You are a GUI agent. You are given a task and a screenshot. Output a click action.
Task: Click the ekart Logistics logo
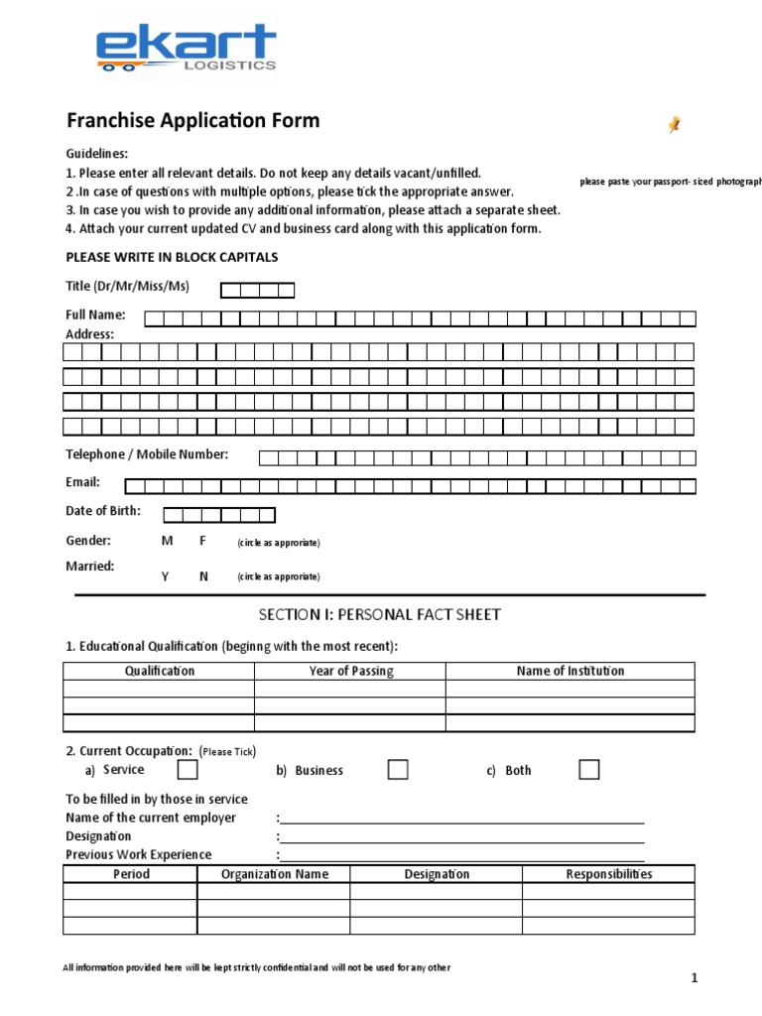click(x=186, y=50)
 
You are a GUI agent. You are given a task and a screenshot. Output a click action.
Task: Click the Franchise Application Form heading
click(x=192, y=121)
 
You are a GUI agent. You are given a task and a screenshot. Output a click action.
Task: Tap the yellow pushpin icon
click(x=675, y=124)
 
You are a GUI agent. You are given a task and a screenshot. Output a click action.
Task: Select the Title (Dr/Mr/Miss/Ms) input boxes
click(x=257, y=290)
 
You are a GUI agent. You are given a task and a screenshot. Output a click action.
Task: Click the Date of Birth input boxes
click(x=218, y=515)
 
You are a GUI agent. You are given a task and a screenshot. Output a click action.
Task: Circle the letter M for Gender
click(x=167, y=541)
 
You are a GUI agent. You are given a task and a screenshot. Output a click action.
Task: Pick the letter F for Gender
click(x=203, y=541)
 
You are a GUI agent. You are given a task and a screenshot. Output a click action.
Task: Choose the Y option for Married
click(x=166, y=576)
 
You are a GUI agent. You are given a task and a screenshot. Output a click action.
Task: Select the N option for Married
click(x=203, y=576)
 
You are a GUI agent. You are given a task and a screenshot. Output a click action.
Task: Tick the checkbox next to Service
click(x=188, y=770)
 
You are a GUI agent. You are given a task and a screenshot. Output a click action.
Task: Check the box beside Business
click(x=398, y=770)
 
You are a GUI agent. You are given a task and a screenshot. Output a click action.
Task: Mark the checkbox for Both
click(x=589, y=770)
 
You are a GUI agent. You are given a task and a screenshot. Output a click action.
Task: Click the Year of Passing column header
click(x=350, y=671)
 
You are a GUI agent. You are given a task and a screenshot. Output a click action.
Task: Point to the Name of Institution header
click(x=571, y=671)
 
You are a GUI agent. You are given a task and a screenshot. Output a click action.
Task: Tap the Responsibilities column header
click(x=608, y=874)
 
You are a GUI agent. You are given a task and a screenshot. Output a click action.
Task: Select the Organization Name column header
click(x=274, y=874)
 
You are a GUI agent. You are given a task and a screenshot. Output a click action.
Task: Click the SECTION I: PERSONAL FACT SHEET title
click(x=380, y=615)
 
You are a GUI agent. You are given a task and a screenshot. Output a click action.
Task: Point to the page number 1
click(x=696, y=979)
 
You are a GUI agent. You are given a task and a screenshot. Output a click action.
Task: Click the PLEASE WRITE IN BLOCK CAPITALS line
click(x=172, y=257)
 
